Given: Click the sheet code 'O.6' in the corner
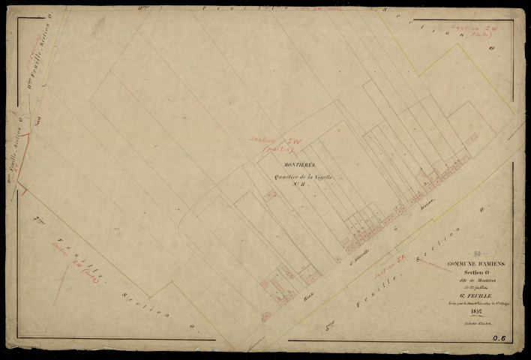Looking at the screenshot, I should [499, 339].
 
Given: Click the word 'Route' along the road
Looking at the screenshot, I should [306, 287].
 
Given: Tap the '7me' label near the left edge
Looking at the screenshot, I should [37, 218].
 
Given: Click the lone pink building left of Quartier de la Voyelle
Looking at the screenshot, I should [271, 194].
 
